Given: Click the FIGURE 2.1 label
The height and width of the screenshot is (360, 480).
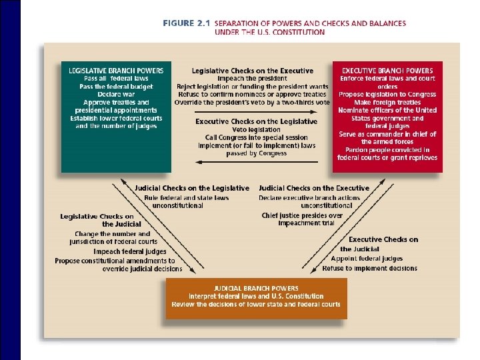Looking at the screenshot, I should point(187,23).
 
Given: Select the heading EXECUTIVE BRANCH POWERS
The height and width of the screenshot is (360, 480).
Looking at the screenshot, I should point(387,70).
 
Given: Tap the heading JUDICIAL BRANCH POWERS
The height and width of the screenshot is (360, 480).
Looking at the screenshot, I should point(256,287).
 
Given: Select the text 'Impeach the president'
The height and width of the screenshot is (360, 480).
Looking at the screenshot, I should point(252,79).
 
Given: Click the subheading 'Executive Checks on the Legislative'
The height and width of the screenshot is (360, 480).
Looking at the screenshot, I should point(256,122).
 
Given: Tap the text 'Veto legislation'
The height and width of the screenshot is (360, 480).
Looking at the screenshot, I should point(256,130).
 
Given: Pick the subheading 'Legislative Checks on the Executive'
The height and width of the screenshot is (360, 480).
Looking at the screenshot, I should point(252,71).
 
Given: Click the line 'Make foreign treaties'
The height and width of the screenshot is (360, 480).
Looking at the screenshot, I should point(387,102).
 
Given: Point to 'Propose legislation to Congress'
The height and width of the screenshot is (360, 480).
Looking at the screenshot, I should point(387,94).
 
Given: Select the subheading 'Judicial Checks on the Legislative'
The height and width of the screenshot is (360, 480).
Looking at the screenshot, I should point(192,189).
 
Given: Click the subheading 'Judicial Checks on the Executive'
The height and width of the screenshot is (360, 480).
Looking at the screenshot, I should point(313,189).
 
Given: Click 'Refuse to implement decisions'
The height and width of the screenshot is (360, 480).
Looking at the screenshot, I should point(369,268).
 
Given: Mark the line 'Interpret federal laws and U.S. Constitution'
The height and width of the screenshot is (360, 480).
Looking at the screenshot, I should point(256,296).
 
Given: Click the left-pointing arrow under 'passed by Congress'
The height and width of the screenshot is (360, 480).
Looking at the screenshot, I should point(256,161).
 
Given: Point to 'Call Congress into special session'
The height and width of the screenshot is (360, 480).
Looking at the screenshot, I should point(256,137).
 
